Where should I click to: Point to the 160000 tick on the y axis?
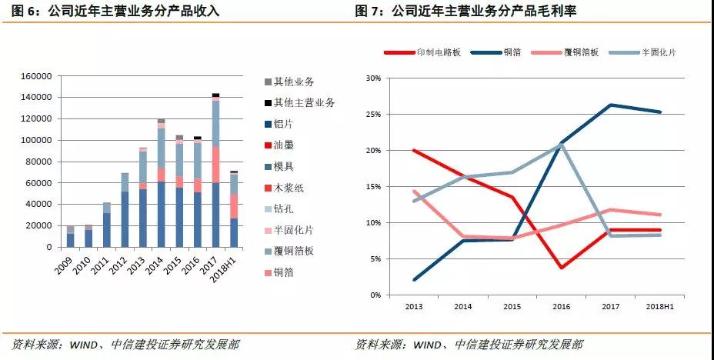(36, 77)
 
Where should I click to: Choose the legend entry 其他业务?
(293, 81)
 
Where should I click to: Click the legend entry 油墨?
(285, 145)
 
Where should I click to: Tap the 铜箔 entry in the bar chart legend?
(284, 272)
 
